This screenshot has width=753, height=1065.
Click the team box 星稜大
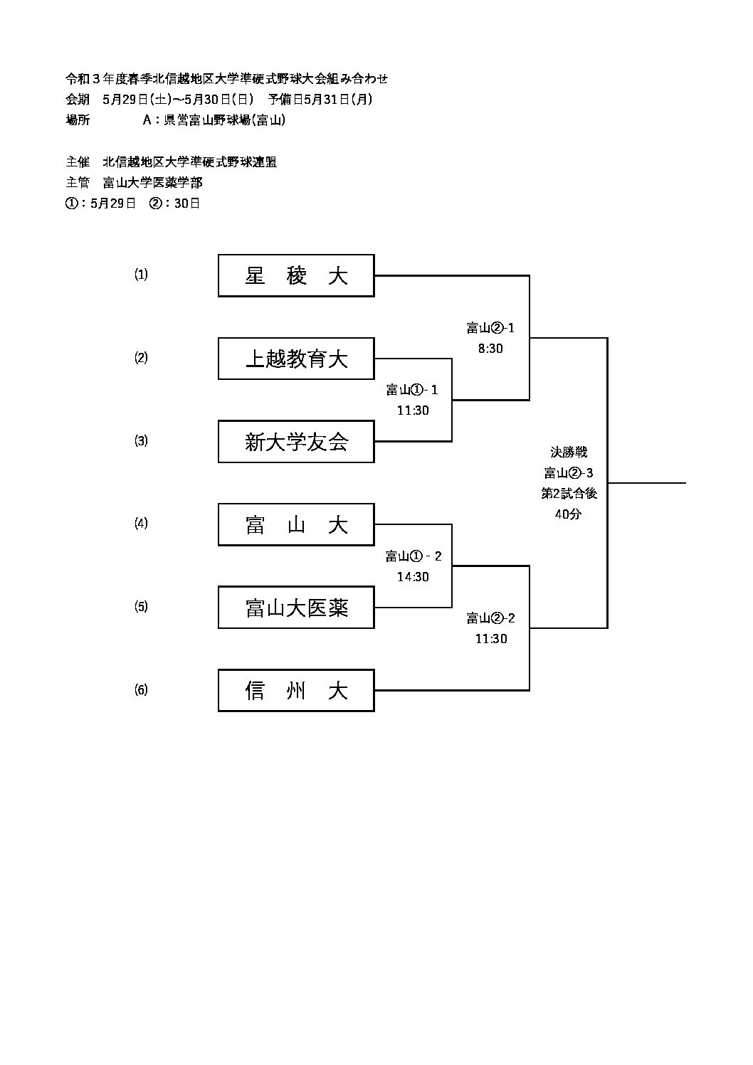(296, 275)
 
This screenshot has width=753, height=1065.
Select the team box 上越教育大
(296, 359)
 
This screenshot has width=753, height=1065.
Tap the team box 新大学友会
(296, 442)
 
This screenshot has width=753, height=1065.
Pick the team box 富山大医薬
(296, 608)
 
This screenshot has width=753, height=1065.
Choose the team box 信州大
(296, 690)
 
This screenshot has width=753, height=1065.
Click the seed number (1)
(141, 275)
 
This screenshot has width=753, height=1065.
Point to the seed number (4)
(141, 524)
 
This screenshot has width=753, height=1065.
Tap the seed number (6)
(141, 689)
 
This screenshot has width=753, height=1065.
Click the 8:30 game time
(490, 349)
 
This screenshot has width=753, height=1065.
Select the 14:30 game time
(413, 577)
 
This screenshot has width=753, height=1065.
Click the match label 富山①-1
(412, 390)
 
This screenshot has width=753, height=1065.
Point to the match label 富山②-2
(490, 618)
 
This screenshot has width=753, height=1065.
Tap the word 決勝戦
(569, 452)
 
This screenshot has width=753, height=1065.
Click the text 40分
(568, 514)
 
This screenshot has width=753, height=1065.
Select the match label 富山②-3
(568, 473)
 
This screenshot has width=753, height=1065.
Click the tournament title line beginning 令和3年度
(227, 79)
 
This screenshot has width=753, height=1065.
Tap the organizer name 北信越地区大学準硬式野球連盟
(189, 162)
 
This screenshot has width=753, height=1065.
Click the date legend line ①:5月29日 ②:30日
(133, 203)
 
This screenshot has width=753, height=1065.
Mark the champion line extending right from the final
(646, 483)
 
